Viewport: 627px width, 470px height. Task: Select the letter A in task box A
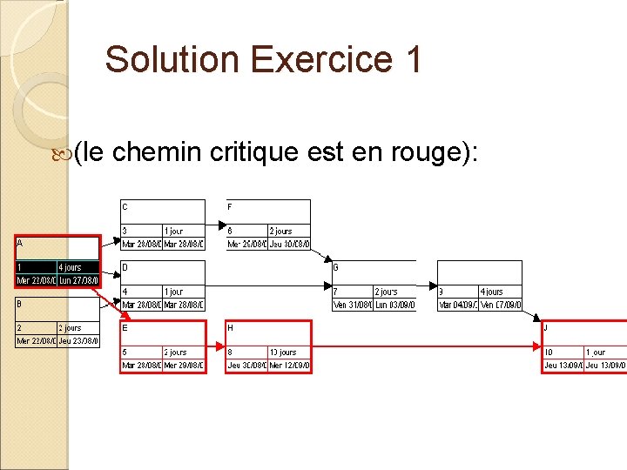(20, 244)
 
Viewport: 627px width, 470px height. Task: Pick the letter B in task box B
(20, 304)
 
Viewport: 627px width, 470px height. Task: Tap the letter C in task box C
(125, 207)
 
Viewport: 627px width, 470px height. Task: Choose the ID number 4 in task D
(125, 291)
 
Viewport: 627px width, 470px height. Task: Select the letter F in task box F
(230, 207)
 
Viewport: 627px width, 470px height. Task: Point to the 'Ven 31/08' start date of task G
(351, 305)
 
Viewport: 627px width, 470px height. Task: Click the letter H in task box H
(230, 328)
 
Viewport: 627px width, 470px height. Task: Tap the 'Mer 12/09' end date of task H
(289, 366)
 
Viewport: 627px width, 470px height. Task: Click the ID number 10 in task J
(549, 352)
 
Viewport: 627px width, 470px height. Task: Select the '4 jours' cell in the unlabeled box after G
(492, 292)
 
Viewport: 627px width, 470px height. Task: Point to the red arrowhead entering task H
(219, 346)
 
